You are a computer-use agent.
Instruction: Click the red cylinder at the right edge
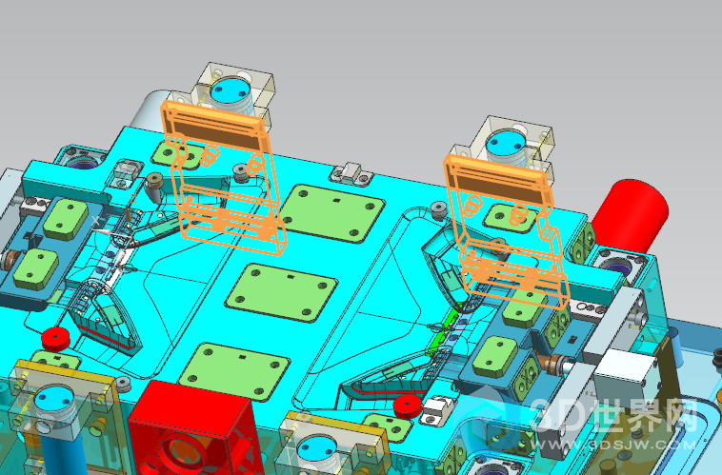click(x=630, y=215)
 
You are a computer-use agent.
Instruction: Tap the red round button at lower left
click(x=55, y=339)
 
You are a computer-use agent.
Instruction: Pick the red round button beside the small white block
click(x=408, y=406)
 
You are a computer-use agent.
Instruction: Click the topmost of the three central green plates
click(x=332, y=212)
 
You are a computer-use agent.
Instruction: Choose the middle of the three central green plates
click(x=281, y=292)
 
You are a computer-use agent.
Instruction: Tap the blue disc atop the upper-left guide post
click(x=231, y=90)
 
